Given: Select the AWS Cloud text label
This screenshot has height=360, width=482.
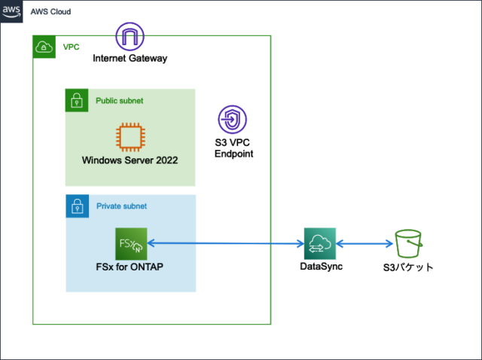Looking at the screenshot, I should click(51, 13).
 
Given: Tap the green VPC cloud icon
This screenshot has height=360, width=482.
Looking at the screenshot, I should click(44, 46).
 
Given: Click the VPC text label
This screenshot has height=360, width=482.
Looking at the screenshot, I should click(70, 47).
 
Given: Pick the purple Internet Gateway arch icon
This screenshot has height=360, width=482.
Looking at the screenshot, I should click(130, 36).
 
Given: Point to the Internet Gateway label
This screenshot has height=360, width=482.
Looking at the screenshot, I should click(130, 58).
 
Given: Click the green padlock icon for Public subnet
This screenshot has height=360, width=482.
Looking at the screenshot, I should click(76, 99).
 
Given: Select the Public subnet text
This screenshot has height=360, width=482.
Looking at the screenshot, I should click(119, 100).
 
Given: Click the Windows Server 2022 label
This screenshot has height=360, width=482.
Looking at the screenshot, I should click(130, 160).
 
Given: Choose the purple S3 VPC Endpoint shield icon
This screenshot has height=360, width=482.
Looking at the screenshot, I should click(232, 119).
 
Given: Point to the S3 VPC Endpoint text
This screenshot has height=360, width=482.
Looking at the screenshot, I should click(233, 147).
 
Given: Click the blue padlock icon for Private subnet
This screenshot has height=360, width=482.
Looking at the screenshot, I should click(76, 206).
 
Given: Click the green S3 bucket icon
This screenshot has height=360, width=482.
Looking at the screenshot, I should click(409, 243).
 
